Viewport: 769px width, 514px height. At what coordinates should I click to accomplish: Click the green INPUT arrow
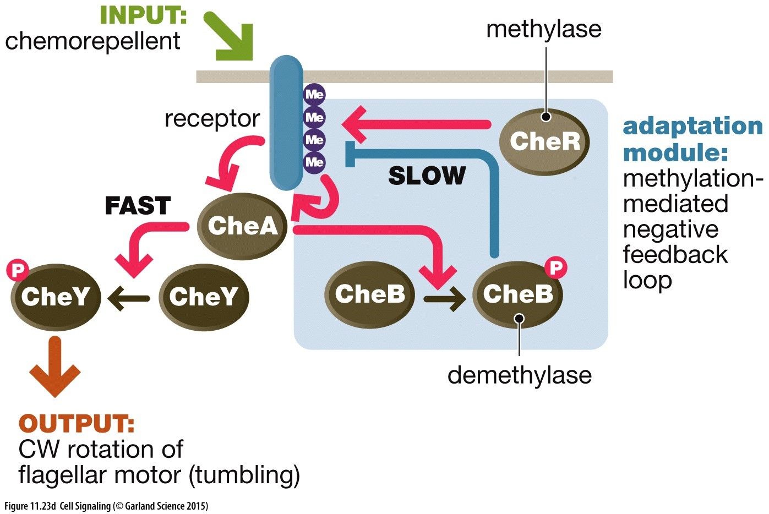[230, 36]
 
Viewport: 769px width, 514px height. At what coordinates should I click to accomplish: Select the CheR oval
[544, 141]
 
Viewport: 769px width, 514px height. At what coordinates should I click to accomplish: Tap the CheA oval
[242, 226]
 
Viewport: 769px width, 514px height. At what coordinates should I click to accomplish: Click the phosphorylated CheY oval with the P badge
[56, 297]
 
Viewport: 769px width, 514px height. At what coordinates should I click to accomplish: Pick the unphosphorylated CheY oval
[204, 297]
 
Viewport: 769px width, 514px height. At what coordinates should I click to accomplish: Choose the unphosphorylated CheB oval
[369, 295]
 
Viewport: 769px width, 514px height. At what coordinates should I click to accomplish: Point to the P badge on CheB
[556, 269]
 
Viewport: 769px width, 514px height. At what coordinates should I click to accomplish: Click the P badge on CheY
[18, 271]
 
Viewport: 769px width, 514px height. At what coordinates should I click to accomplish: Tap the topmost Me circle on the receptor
[314, 95]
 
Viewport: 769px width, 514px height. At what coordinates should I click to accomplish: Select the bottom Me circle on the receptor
[314, 162]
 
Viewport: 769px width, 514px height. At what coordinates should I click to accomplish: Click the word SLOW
[427, 176]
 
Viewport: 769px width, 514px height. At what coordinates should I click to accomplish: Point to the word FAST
[138, 206]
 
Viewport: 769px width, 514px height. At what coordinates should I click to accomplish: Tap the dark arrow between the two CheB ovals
[444, 300]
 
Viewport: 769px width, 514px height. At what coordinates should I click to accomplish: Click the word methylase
[543, 29]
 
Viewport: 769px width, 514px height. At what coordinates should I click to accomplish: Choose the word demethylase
[519, 375]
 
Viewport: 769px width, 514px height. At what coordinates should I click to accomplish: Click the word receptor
[212, 118]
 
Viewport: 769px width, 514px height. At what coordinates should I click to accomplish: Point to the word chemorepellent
[92, 41]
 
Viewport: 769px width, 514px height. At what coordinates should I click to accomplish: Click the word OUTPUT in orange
[77, 424]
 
